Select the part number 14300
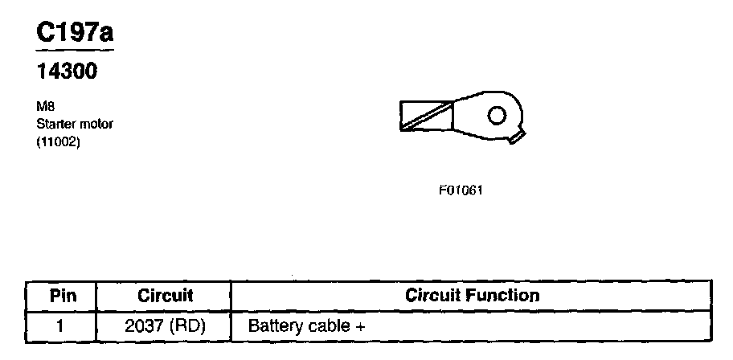(68, 72)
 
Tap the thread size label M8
(45, 109)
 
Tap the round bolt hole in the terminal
(497, 115)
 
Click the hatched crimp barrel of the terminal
(427, 115)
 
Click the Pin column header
(62, 295)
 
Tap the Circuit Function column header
(472, 295)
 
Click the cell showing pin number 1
(61, 326)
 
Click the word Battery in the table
(273, 326)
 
